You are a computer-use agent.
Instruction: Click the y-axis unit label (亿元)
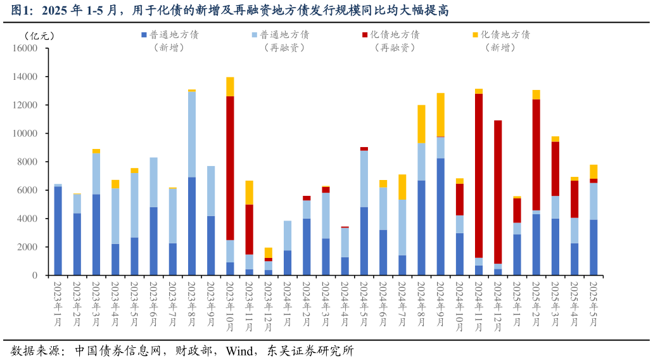point(39,36)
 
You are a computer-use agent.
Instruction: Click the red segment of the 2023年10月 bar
point(230,168)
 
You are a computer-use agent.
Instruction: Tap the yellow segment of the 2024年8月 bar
point(421,124)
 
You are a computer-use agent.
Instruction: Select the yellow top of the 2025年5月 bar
point(593,171)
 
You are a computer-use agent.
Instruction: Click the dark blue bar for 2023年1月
point(58,231)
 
